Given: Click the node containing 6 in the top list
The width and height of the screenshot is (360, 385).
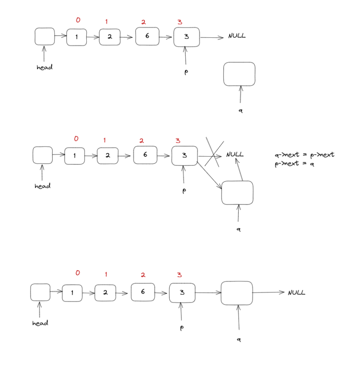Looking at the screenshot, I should (147, 36).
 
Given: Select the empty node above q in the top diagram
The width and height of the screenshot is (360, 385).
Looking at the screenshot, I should (239, 74).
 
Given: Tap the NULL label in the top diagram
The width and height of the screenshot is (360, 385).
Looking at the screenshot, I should (237, 36).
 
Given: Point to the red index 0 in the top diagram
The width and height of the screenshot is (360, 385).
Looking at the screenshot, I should (78, 20).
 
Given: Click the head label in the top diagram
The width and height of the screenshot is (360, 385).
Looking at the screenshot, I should (44, 67).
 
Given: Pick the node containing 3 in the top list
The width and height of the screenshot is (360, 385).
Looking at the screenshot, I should (186, 37).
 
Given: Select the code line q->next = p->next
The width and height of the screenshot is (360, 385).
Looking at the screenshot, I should (305, 154).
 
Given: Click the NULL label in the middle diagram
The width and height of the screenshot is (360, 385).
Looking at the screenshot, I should (235, 154).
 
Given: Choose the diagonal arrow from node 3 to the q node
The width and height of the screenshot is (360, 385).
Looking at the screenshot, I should (209, 175).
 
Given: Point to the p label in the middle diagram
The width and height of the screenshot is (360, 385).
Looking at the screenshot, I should (184, 191).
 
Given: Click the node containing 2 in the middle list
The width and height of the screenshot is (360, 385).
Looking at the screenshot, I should (108, 156).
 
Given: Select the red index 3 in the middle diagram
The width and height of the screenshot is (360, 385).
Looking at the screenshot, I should (178, 141).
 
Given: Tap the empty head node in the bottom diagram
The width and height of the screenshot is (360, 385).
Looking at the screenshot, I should (40, 292).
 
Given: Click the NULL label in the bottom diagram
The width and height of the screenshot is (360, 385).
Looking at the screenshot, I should (296, 293).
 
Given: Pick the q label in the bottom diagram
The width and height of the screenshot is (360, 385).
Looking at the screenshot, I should (239, 340).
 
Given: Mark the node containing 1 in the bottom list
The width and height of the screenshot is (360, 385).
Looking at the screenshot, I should (72, 293).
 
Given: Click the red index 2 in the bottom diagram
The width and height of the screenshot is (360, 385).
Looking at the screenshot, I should (143, 275).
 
